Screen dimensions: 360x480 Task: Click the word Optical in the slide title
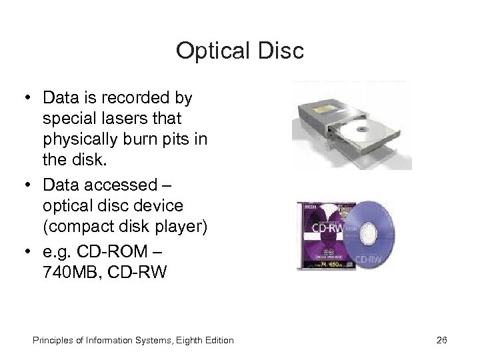[x=207, y=51]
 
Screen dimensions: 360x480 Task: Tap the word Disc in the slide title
[x=281, y=51]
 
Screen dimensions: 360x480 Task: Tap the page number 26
[x=441, y=340]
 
